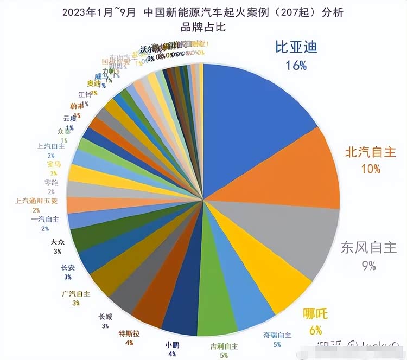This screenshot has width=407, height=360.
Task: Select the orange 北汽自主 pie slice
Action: coord(293,173)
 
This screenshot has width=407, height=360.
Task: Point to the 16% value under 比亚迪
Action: coord(296,66)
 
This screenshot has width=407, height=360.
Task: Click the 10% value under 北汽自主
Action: coord(370,169)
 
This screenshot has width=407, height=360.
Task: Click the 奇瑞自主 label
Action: coord(277,335)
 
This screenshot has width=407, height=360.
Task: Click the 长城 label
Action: coord(105,317)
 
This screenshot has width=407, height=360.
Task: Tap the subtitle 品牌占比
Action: coord(206,25)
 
